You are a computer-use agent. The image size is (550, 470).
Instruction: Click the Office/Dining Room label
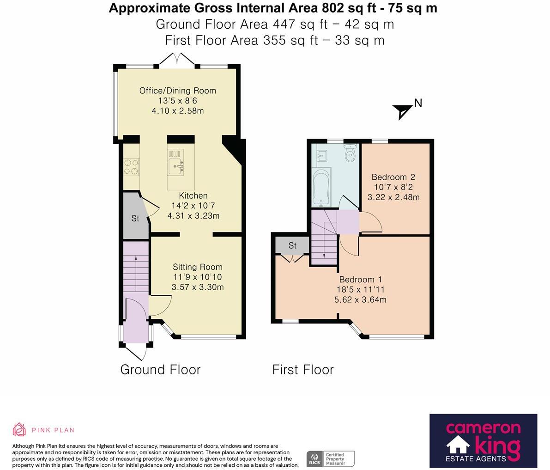point(177,91)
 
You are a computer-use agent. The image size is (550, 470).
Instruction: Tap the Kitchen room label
point(193,195)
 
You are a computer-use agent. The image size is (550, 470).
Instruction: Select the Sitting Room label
point(198,267)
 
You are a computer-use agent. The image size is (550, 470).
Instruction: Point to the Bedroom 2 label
point(393,177)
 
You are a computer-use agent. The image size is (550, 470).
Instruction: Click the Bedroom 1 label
point(360,280)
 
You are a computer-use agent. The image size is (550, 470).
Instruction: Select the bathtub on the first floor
point(320,188)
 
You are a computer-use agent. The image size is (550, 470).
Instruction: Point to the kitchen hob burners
point(131,167)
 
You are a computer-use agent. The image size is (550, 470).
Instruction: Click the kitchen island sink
point(176,166)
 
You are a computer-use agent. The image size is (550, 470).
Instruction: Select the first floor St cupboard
point(292,245)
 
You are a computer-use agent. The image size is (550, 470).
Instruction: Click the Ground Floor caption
point(160,370)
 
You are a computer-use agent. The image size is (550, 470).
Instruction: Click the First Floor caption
point(303,370)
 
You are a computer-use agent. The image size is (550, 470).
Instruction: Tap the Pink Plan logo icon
point(19,430)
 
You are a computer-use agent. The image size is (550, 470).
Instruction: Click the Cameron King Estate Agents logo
point(484,441)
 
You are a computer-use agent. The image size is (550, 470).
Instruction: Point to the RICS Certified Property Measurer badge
point(331,459)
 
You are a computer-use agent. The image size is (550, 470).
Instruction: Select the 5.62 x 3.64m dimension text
point(360,300)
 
